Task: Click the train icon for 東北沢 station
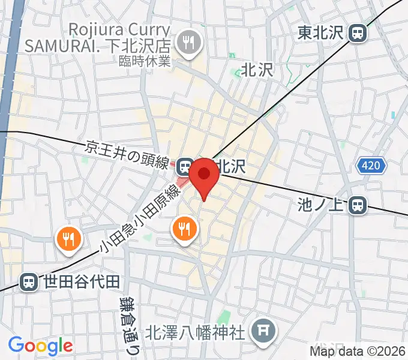point(358,32)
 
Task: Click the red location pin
point(205,175)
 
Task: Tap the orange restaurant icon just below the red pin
point(184,229)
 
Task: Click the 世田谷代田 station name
point(82,281)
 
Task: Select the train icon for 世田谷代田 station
point(28,281)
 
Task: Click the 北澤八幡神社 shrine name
point(197,329)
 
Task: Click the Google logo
point(40,346)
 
